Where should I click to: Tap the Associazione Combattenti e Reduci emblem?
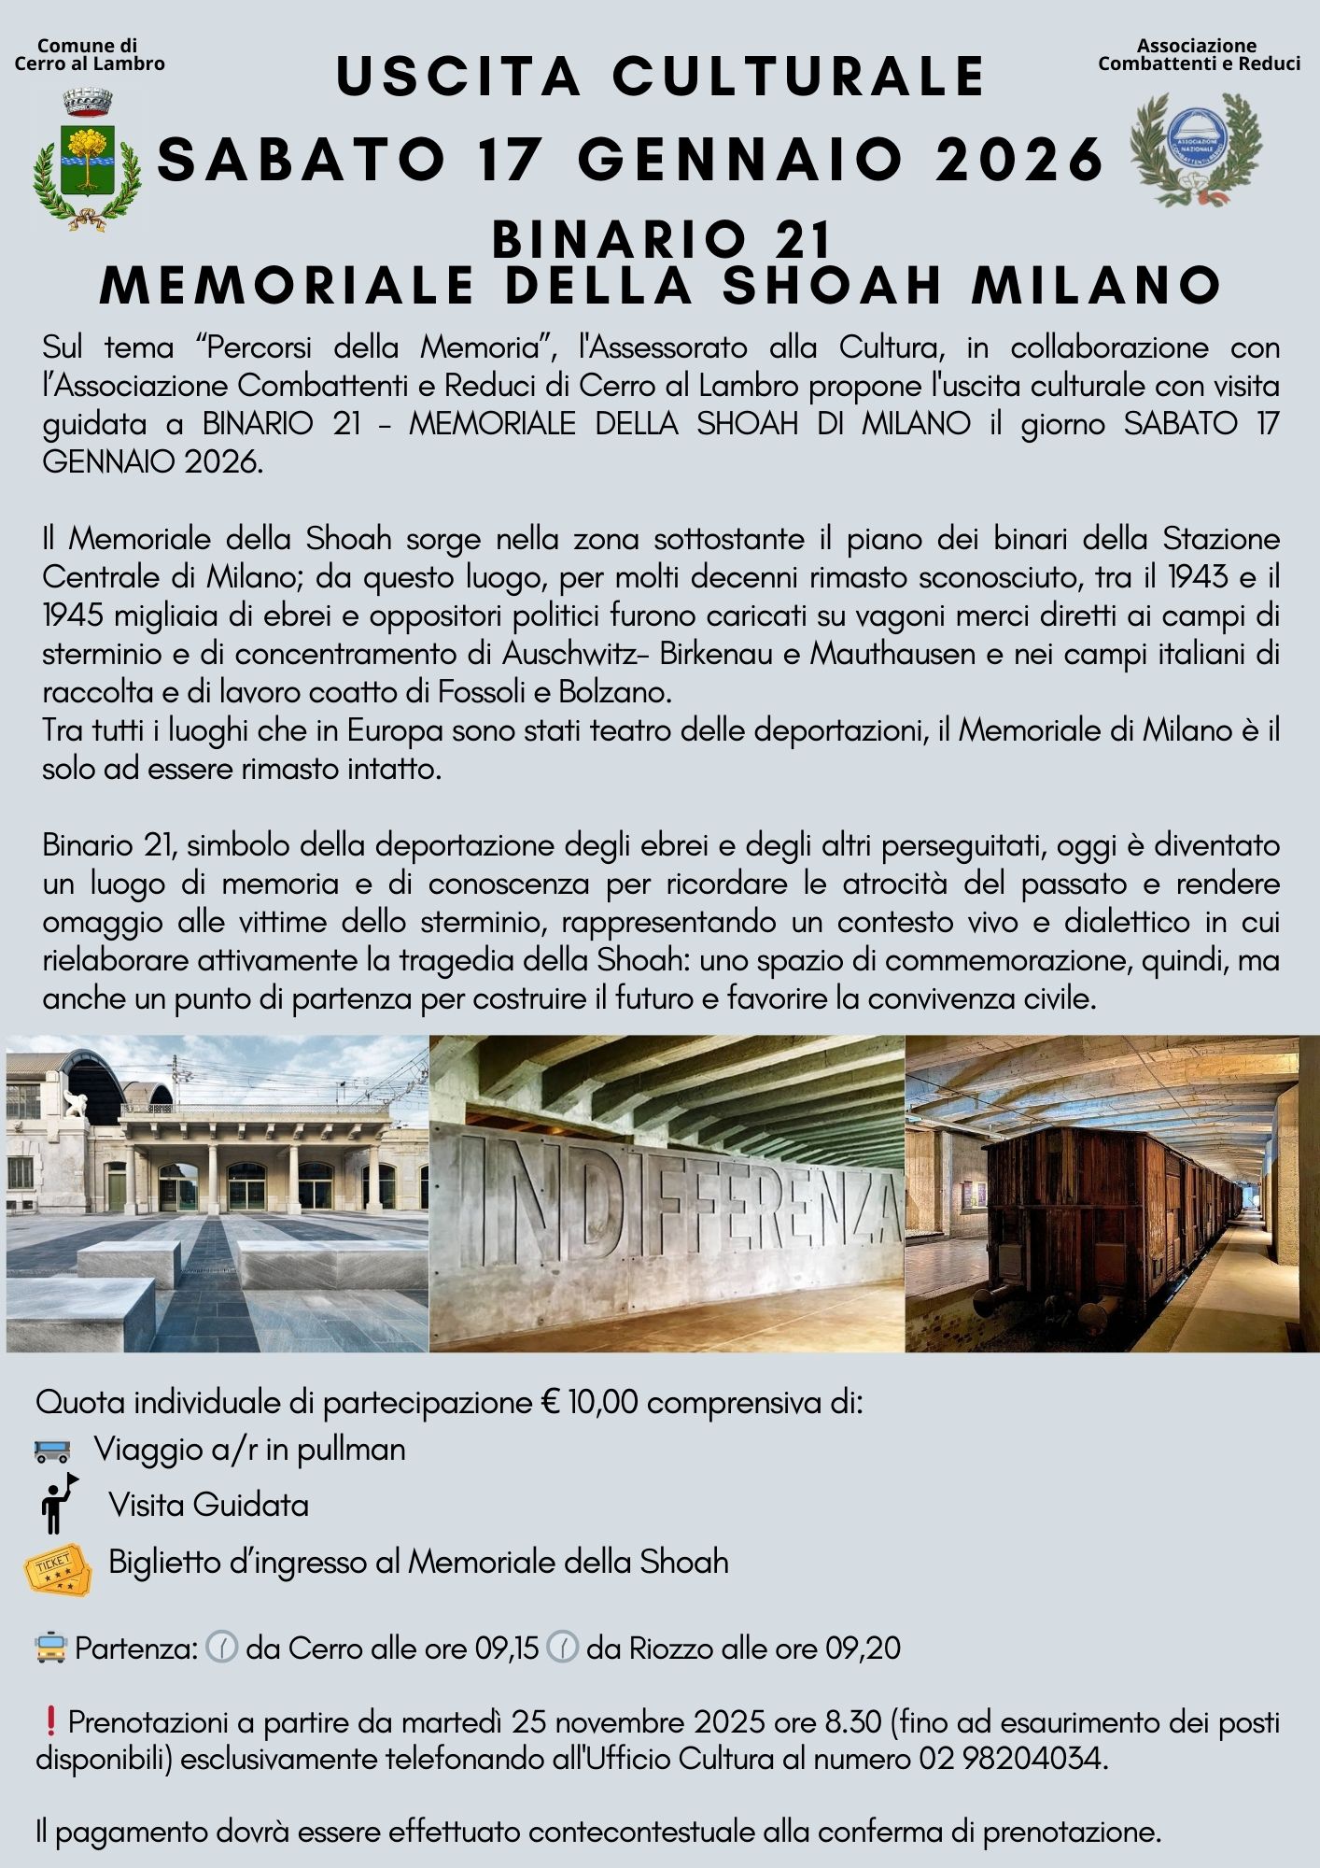point(1195,149)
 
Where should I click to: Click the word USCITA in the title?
point(458,77)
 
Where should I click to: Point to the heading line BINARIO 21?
point(661,239)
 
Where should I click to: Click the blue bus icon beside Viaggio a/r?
point(52,1451)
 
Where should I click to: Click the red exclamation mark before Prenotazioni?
point(50,1720)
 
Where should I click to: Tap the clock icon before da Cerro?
point(221,1648)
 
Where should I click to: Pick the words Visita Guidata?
point(208,1505)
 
